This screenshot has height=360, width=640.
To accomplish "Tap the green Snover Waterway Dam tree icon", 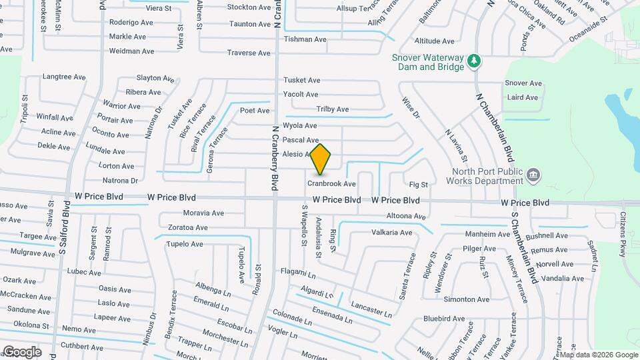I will click(x=474, y=61).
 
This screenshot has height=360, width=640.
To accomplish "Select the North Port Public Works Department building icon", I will click(x=533, y=175).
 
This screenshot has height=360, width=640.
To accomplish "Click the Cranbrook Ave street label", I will click(x=331, y=184).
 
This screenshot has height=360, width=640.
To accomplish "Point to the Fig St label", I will click(x=418, y=184).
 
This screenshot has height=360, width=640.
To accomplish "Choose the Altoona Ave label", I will click(x=406, y=217).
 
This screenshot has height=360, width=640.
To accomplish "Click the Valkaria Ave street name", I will click(x=391, y=233).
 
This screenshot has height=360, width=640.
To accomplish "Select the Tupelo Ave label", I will click(x=185, y=244).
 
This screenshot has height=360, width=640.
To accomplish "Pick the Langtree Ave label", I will click(x=64, y=77).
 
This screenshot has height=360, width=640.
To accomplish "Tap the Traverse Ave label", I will click(x=249, y=53).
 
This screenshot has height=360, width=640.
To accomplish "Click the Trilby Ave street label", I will click(x=332, y=109).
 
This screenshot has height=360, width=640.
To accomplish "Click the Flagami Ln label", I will click(x=297, y=274).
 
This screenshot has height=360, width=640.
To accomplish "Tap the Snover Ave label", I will click(x=523, y=83).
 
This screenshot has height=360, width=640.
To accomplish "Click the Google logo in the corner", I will click(x=22, y=352).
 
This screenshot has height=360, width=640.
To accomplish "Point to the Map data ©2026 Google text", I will click(x=597, y=355).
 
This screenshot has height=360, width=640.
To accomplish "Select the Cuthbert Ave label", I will click(x=82, y=347).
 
